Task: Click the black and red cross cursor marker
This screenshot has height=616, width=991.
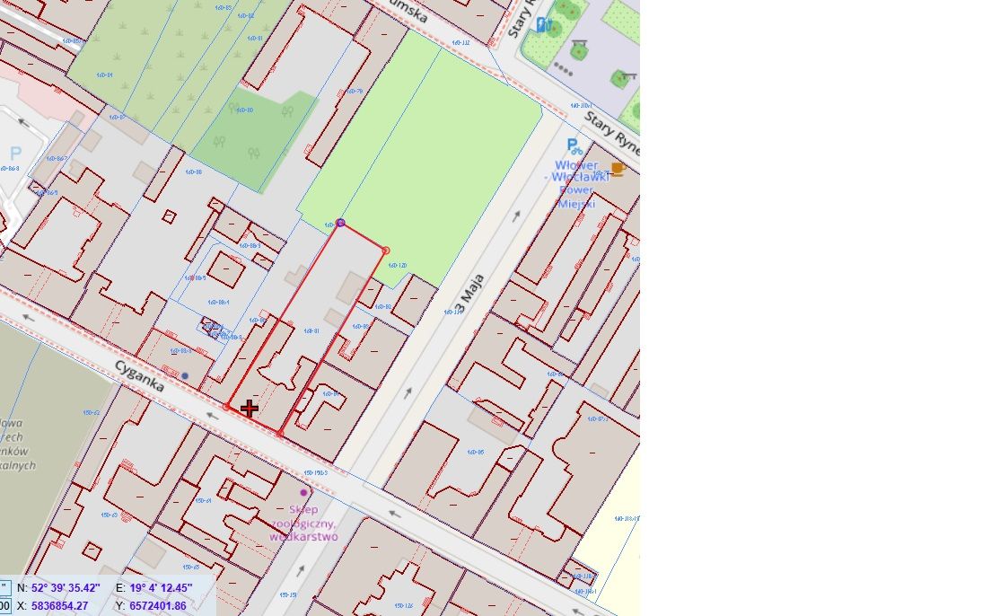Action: coord(249,409)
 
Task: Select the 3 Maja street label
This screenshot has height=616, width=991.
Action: coord(472,295)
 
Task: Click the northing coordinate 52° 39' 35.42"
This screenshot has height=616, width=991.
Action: coord(66,588)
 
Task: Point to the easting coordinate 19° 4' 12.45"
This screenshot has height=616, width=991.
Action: coord(161,588)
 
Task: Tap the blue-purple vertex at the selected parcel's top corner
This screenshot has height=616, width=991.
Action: coord(340,222)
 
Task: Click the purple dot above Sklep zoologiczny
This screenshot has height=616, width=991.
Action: coord(303,492)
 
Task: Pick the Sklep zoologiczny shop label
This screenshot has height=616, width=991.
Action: coord(303,523)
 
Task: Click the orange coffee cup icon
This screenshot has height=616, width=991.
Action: coord(617,168)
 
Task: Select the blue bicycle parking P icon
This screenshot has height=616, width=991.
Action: coord(573,146)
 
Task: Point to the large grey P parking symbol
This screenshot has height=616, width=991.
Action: coord(15,154)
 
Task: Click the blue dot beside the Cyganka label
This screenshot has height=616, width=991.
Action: coord(185,375)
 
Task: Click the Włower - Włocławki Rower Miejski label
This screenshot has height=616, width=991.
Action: coord(577,184)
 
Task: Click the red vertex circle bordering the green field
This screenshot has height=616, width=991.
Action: coord(385,251)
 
